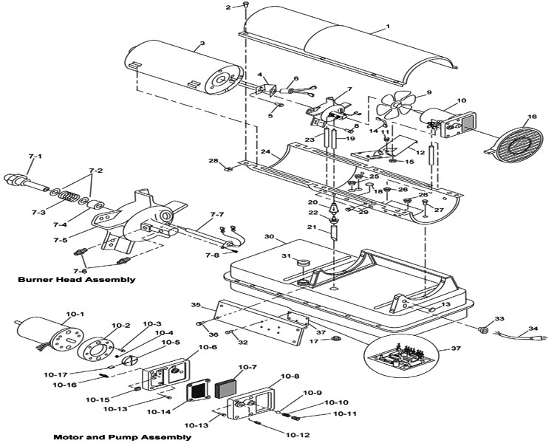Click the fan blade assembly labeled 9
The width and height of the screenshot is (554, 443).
tap(394, 105)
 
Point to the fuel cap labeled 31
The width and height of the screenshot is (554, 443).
tap(302, 264)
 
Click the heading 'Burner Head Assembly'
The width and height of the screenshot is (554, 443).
tap(76, 280)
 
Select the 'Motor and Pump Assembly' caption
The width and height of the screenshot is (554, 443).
tap(122, 437)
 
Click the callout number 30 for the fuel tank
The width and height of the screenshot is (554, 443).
tap(269, 236)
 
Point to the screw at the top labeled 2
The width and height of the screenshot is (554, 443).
tap(245, 4)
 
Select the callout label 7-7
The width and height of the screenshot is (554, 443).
tap(217, 214)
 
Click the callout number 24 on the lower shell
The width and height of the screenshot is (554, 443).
tap(266, 152)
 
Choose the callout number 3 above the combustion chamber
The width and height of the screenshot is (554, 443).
tap(202, 44)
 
